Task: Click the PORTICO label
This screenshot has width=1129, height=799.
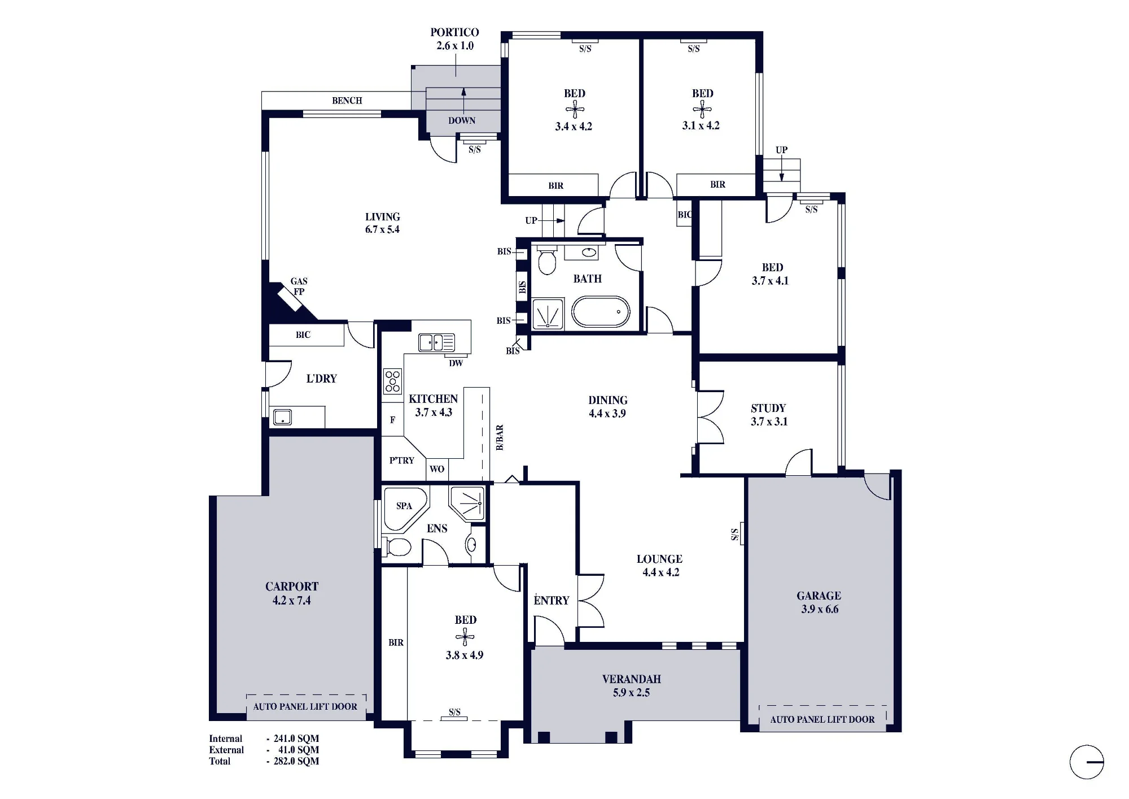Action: [x=454, y=32]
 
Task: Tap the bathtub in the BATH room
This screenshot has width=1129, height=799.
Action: [x=601, y=311]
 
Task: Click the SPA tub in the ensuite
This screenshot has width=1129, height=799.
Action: [x=405, y=509]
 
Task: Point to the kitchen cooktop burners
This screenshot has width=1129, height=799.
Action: [x=392, y=381]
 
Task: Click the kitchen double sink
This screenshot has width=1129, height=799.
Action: [x=436, y=342]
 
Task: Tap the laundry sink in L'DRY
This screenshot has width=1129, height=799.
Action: [x=282, y=418]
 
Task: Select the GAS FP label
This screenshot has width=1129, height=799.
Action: [x=299, y=286]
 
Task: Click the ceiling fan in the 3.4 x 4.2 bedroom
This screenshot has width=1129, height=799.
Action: [x=575, y=110]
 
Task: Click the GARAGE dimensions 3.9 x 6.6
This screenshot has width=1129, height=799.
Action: [x=820, y=609]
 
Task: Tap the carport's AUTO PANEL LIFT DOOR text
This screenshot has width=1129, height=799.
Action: [x=305, y=706]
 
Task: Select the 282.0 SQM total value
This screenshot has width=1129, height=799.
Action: [x=296, y=761]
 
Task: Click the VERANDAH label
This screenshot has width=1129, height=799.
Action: [x=631, y=679]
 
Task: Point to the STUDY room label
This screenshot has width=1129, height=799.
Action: [x=768, y=408]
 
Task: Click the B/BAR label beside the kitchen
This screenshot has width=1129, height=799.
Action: [x=500, y=438]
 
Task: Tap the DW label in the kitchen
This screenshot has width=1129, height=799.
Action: [x=456, y=363]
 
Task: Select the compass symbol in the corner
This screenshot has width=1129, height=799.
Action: [x=1087, y=762]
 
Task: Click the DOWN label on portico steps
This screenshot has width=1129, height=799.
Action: [x=462, y=120]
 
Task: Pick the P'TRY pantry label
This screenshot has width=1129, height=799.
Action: [x=402, y=461]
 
